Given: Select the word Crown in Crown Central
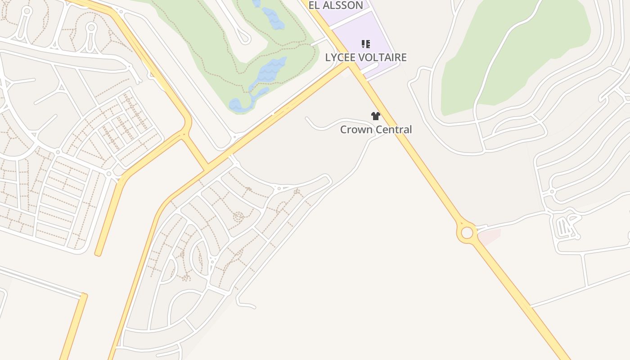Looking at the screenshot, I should [355, 130].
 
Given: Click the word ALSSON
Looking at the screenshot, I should [342, 5].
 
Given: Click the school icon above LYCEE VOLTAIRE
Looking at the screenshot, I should [366, 44].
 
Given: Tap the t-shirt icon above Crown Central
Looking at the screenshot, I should [376, 116].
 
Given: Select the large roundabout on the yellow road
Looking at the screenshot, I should [467, 233].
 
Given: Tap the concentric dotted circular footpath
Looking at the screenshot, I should [238, 217].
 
